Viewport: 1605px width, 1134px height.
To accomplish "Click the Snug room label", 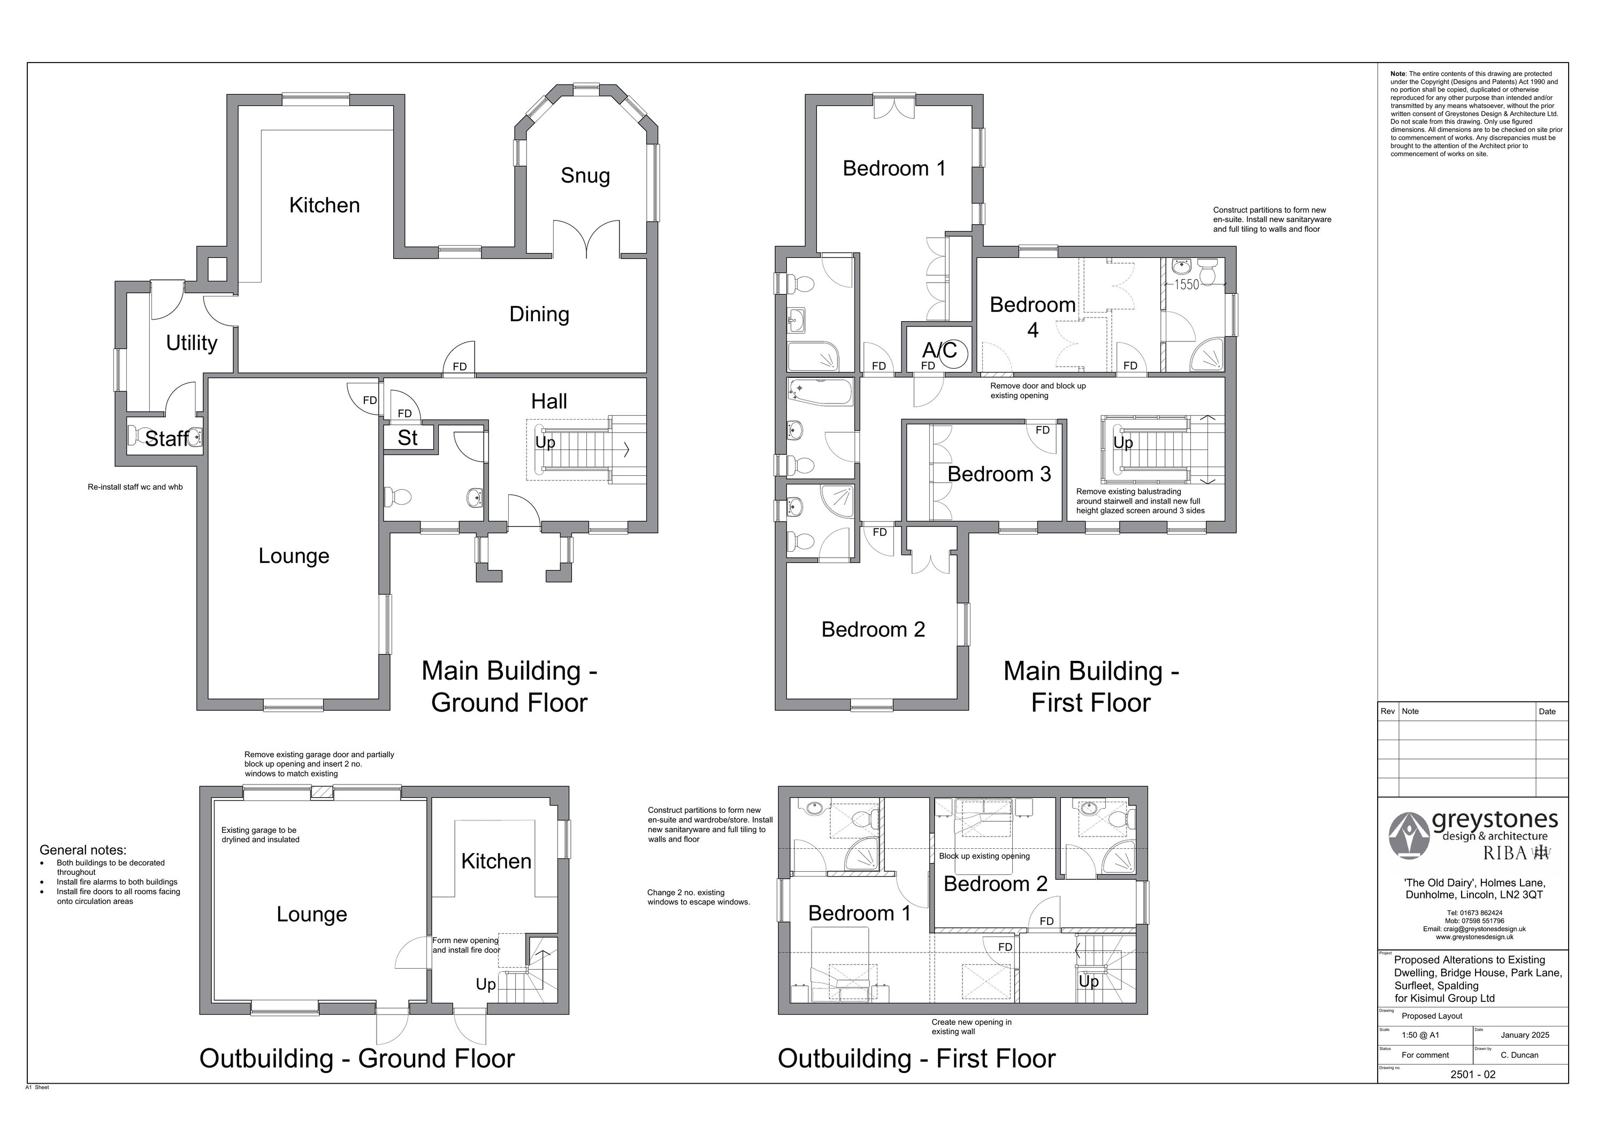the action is [585, 176].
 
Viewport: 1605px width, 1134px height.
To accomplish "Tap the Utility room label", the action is [192, 343].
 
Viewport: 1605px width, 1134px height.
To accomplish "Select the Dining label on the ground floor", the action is [539, 315].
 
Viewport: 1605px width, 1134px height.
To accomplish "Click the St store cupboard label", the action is [408, 438].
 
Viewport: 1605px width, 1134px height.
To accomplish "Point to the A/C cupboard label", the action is [939, 349].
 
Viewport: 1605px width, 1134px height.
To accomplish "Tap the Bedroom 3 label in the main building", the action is [999, 474].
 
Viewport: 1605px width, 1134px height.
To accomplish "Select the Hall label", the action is [549, 401].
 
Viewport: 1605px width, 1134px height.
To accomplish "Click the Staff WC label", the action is [166, 438].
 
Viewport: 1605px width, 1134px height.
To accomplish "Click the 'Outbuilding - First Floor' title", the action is [916, 1059].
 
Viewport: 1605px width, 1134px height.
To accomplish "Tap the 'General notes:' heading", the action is [83, 850].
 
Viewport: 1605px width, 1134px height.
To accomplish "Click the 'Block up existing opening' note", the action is [984, 856].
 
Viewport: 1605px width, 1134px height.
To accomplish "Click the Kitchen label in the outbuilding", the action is [496, 861].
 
